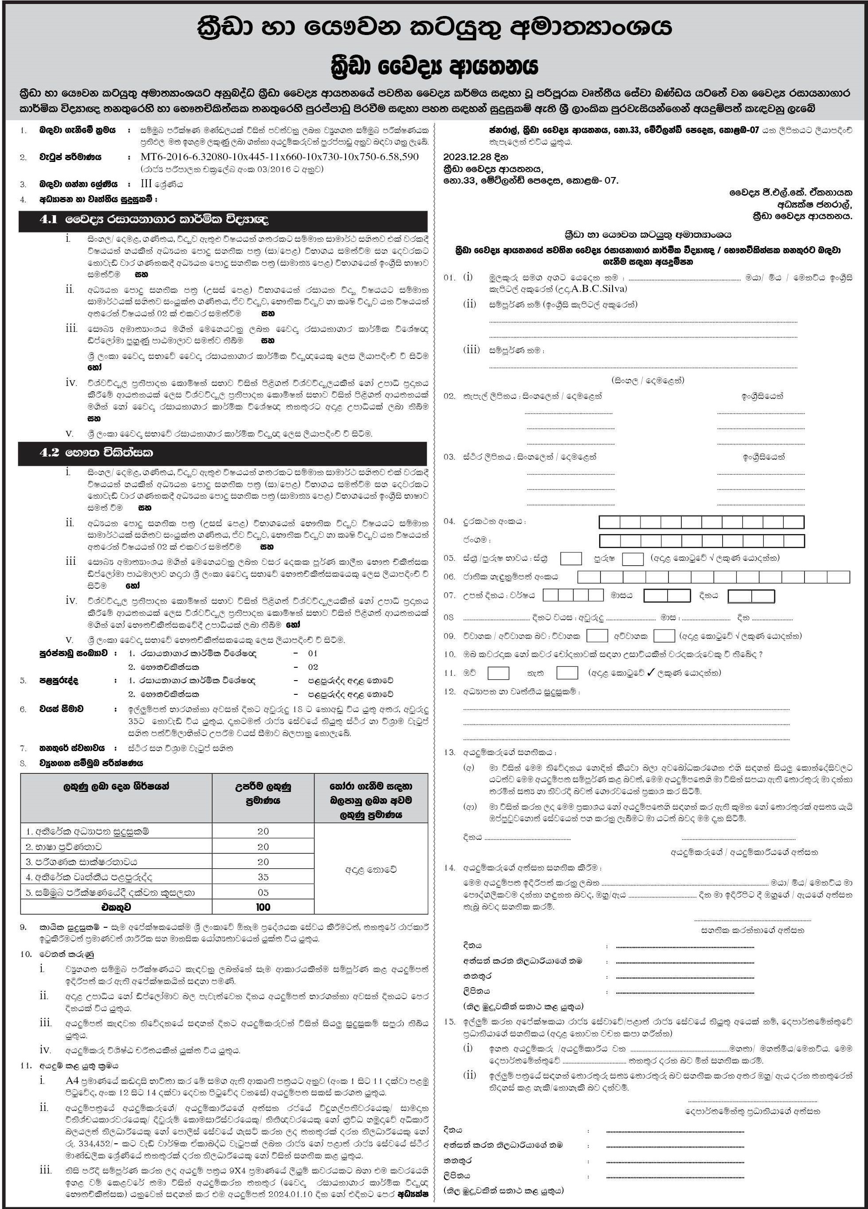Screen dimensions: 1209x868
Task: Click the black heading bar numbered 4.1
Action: pyautogui.click(x=223, y=220)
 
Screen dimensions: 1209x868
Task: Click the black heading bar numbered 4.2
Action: pyautogui.click(x=223, y=453)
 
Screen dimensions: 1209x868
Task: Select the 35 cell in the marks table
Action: pyautogui.click(x=263, y=877)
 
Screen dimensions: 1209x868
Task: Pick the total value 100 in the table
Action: pyautogui.click(x=263, y=907)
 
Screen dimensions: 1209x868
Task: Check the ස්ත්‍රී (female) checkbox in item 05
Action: pyautogui.click(x=571, y=559)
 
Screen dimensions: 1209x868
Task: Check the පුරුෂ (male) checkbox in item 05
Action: pyautogui.click(x=632, y=559)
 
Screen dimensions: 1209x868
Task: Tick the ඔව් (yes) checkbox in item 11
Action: pyautogui.click(x=498, y=673)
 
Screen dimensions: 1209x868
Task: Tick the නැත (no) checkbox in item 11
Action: pyautogui.click(x=567, y=673)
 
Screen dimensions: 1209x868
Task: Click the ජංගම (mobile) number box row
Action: pyautogui.click(x=701, y=540)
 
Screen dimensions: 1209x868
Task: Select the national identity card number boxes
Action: pyautogui.click(x=714, y=577)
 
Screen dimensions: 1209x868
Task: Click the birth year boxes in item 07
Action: pyautogui.click(x=573, y=595)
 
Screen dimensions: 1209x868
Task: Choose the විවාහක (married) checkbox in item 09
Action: pyautogui.click(x=597, y=635)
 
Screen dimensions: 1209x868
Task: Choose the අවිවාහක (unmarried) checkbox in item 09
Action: pyautogui.click(x=664, y=635)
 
